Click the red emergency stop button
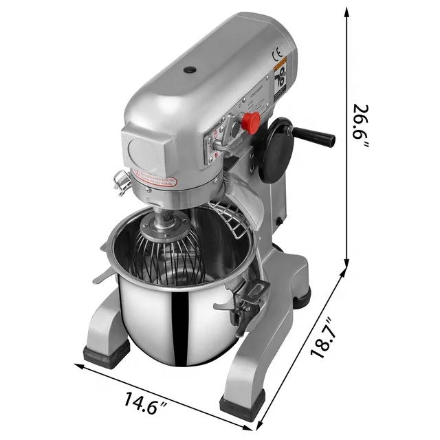point(251,122)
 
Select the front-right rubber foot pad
point(241,406)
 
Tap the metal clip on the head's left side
point(122,181)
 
